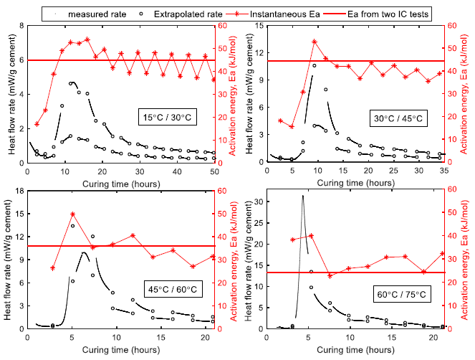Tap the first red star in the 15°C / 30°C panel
[37, 124]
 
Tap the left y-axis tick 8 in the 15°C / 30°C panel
[21, 25]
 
